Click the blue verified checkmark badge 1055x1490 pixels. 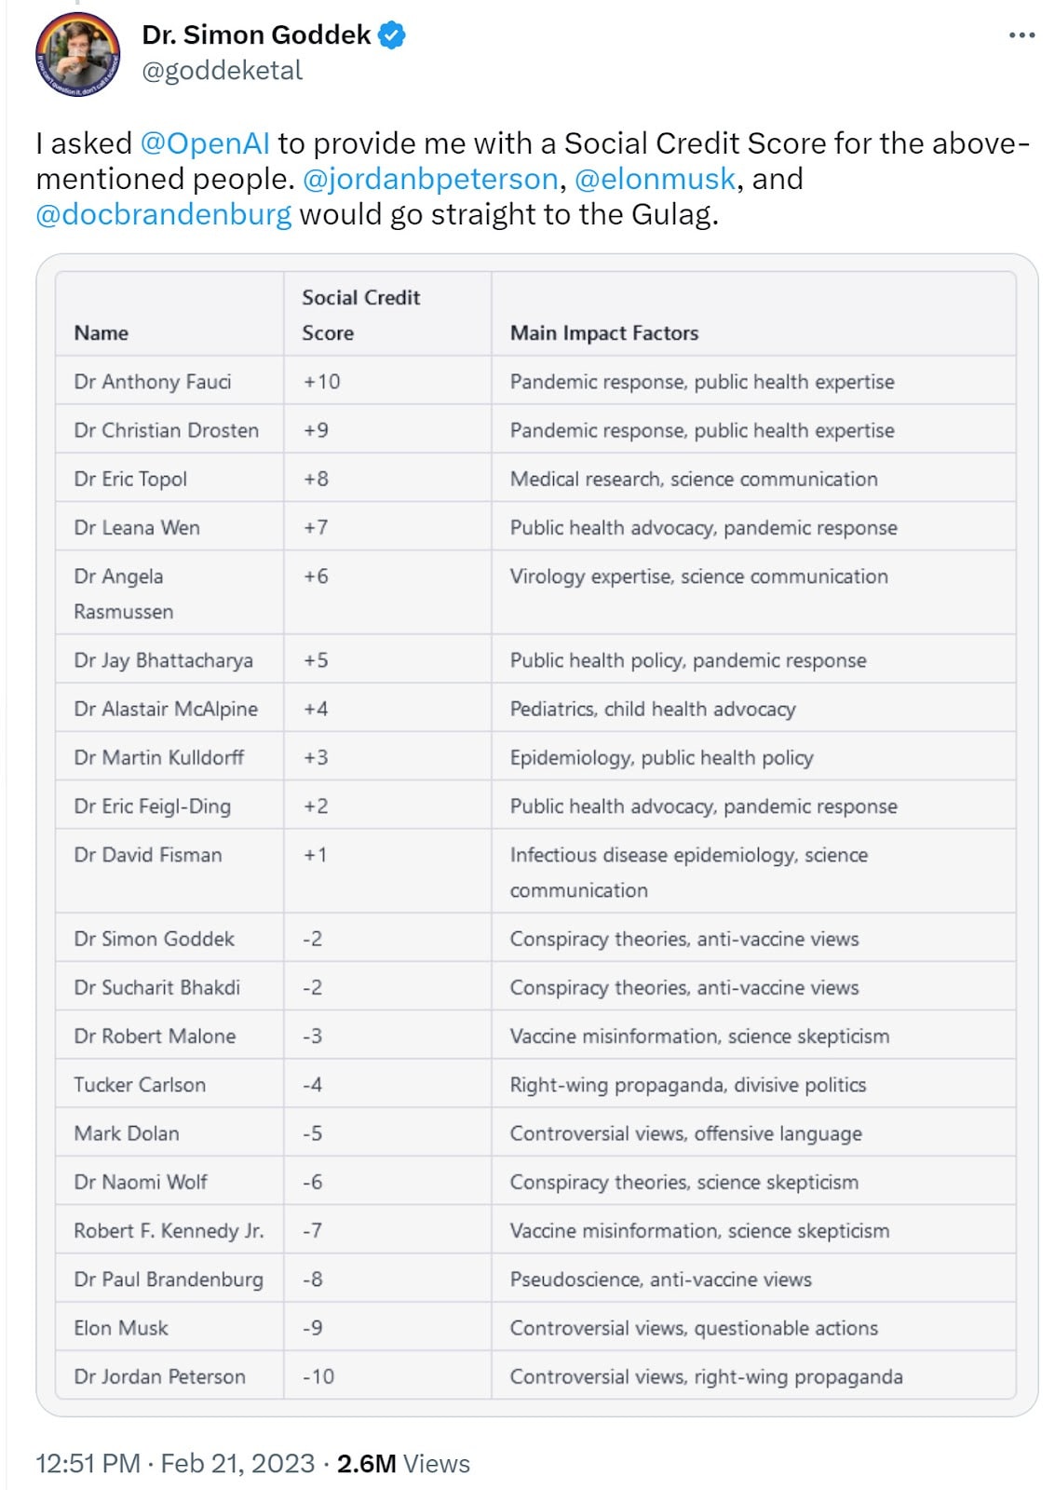coord(392,36)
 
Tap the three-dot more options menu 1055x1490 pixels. coord(1021,35)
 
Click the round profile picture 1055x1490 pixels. coord(77,55)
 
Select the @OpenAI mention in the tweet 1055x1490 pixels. coord(205,143)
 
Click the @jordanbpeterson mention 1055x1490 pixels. coord(430,179)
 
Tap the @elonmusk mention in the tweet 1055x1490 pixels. coord(655,179)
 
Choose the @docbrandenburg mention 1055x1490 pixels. coord(164,214)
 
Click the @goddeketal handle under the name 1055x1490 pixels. coord(222,71)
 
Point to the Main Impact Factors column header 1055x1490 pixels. coord(603,333)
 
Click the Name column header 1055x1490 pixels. coord(101,333)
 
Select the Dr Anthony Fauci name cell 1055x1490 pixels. coord(153,382)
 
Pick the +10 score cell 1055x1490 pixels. coord(322,382)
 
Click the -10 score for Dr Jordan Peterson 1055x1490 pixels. coord(318,1376)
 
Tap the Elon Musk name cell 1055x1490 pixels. coord(121,1328)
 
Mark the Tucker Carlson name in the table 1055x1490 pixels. coord(140,1085)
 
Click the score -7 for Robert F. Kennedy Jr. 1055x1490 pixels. coord(313,1231)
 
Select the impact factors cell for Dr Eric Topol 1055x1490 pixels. coord(694,479)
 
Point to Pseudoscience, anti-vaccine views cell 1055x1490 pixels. coord(660,1280)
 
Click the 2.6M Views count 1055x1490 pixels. coord(403,1463)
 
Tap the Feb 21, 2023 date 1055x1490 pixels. coord(237,1463)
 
